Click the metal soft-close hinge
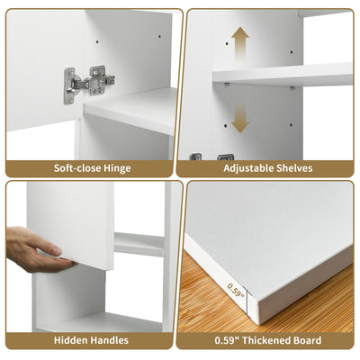(x=89, y=84)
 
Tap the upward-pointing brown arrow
(x=240, y=42)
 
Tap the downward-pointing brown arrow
(x=240, y=118)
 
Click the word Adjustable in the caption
(x=247, y=168)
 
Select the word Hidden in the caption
(x=71, y=340)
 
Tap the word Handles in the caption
(x=110, y=340)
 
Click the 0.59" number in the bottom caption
(x=227, y=340)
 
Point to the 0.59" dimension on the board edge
(x=235, y=290)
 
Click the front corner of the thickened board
(x=255, y=322)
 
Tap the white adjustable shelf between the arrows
(x=283, y=75)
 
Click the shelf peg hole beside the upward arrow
(x=227, y=43)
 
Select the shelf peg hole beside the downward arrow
(x=227, y=125)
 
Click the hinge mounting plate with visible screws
(x=100, y=80)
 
